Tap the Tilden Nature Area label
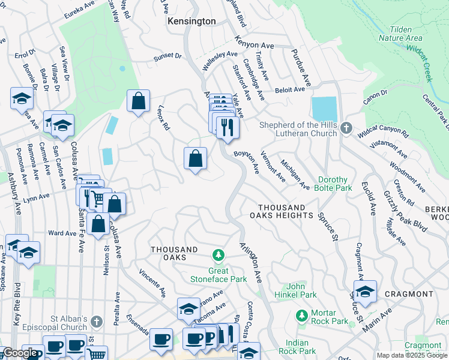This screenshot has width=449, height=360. [x=400, y=33]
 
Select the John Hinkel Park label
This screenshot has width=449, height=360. [x=301, y=290]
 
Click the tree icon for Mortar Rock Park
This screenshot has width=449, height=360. [x=302, y=314]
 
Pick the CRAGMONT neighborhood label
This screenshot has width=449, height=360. [x=410, y=294]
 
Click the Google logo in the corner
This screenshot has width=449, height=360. [x=20, y=353]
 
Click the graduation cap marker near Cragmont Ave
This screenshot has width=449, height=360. [x=364, y=292]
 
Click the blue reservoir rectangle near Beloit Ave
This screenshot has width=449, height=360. [x=324, y=109]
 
